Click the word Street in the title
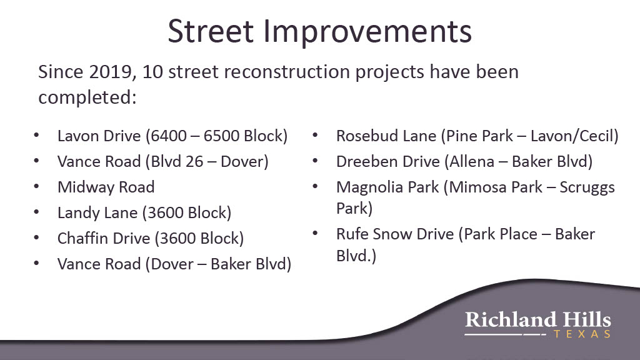pyautogui.click(x=211, y=31)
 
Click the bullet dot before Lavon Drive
pyautogui.click(x=36, y=135)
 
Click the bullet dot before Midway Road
pyautogui.click(x=36, y=186)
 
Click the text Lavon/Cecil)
pyautogui.click(x=574, y=136)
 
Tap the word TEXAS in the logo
pyautogui.click(x=582, y=334)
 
